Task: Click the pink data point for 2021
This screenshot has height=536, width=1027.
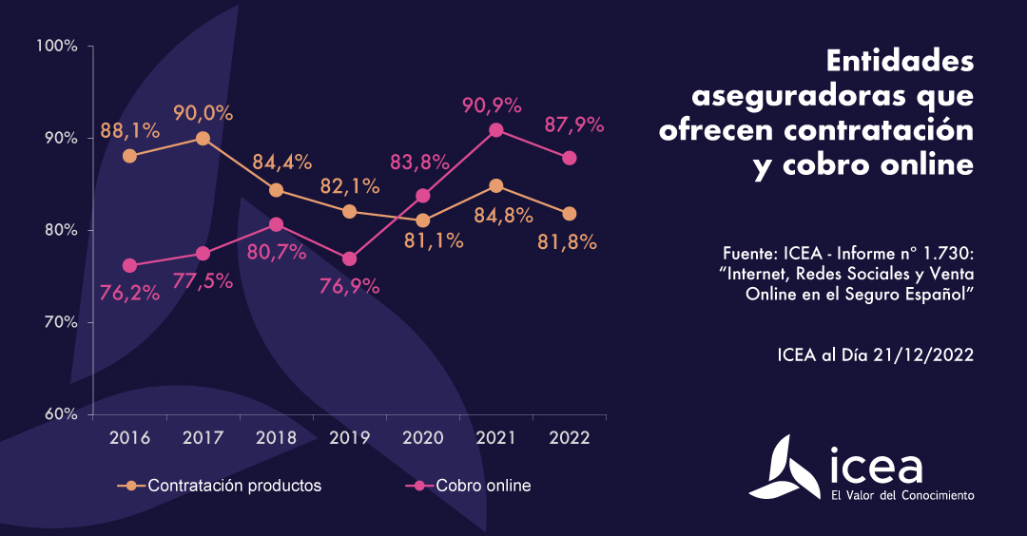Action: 495,130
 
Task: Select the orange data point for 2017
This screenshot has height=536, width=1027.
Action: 203,138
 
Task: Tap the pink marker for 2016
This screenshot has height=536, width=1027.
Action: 129,265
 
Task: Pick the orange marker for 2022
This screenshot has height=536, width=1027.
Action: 569,213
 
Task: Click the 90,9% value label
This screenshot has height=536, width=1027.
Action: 494,102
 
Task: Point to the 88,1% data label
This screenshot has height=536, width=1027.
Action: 129,127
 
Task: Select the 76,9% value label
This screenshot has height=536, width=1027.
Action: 348,286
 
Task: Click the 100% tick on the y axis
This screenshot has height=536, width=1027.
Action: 56,46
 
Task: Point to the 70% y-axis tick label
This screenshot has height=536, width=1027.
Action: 59,322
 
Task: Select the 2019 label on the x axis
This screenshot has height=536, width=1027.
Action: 348,438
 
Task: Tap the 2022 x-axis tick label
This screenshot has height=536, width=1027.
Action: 569,438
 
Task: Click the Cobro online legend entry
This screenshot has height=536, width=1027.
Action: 483,486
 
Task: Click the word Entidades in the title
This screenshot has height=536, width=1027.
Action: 900,63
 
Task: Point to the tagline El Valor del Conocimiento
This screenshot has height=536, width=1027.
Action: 901,495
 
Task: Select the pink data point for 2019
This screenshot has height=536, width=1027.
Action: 349,258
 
